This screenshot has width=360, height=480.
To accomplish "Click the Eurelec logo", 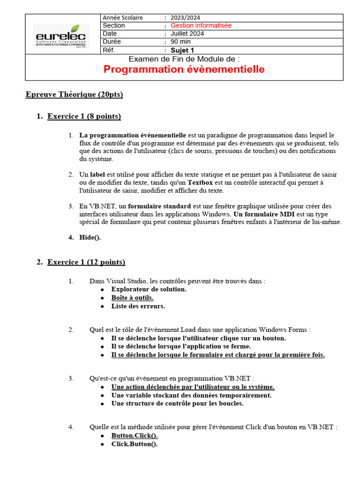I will [61, 36].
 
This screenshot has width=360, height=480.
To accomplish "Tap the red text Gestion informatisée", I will [201, 26].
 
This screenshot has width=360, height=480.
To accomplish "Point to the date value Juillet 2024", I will [187, 34].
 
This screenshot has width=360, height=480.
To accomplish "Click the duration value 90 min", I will [180, 42].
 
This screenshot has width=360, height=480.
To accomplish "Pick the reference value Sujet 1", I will [182, 50].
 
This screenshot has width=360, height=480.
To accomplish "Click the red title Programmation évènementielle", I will [184, 70].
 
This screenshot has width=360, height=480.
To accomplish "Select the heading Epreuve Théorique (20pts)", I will [74, 95].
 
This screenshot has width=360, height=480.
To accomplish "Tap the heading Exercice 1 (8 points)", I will [84, 116].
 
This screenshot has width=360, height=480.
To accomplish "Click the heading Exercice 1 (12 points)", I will [86, 262].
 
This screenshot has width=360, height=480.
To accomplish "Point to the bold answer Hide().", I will [90, 237].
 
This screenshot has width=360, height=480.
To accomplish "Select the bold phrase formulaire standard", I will [159, 206].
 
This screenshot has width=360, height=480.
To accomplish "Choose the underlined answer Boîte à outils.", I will [132, 298].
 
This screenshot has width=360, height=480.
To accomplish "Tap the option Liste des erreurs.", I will [138, 306].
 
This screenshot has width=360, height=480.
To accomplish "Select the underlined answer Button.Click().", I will [134, 435].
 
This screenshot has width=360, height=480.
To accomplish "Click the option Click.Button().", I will [134, 444].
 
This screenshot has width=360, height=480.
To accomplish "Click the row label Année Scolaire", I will [122, 18].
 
